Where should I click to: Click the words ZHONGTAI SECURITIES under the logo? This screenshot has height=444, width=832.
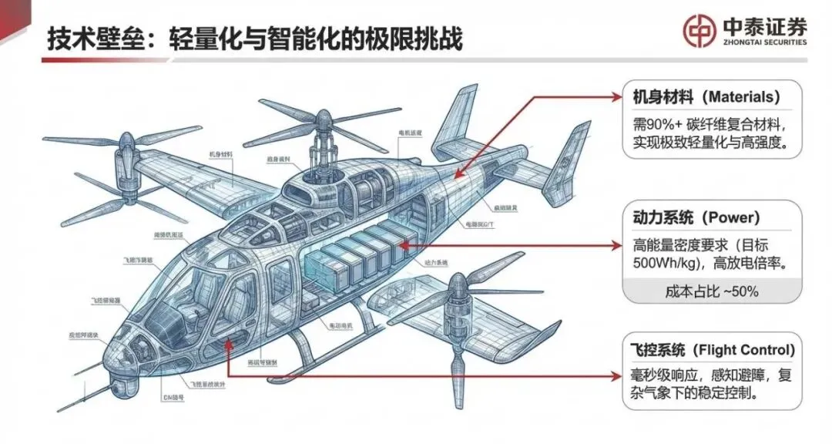tap(765, 42)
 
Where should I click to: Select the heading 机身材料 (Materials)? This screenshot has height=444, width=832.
tap(702, 98)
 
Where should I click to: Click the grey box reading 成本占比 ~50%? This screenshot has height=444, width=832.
tap(712, 291)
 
